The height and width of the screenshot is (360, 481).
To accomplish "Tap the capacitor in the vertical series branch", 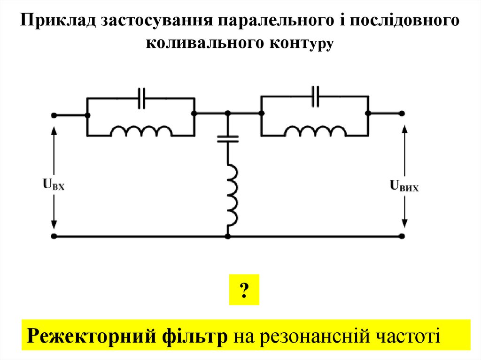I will pyautogui.click(x=228, y=138).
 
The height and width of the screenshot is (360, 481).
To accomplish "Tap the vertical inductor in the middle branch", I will pyautogui.click(x=231, y=194).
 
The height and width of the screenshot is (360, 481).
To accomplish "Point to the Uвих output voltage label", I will pyautogui.click(x=404, y=186).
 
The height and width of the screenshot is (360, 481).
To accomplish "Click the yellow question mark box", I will pyautogui.click(x=244, y=290).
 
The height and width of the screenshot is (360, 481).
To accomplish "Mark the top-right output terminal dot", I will pyautogui.click(x=402, y=113).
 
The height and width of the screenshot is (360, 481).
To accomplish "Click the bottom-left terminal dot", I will pyautogui.click(x=54, y=237).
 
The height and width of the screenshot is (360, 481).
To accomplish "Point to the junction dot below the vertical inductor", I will pyautogui.click(x=228, y=237).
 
